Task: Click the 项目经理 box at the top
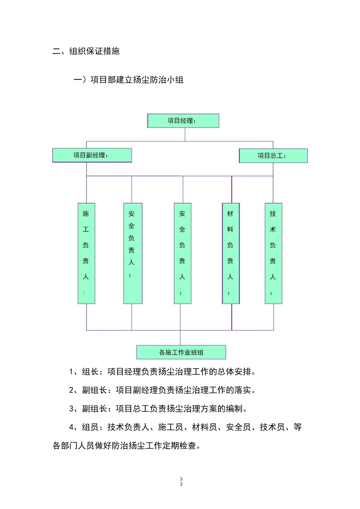point(183,121)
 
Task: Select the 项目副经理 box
point(92,155)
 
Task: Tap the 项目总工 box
point(273,156)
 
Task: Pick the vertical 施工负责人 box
point(86,253)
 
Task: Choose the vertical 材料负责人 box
point(231,253)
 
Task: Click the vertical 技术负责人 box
point(273,253)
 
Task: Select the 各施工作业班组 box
point(181,352)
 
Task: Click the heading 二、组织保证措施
point(86,51)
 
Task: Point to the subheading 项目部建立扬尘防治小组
point(137,80)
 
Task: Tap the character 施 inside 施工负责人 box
point(86,214)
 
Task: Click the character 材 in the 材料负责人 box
point(230,214)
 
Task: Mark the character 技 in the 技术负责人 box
point(273,214)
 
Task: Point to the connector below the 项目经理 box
point(185,134)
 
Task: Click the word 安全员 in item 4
point(238,427)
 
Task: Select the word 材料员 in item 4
point(205,427)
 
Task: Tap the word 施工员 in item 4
point(171,427)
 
